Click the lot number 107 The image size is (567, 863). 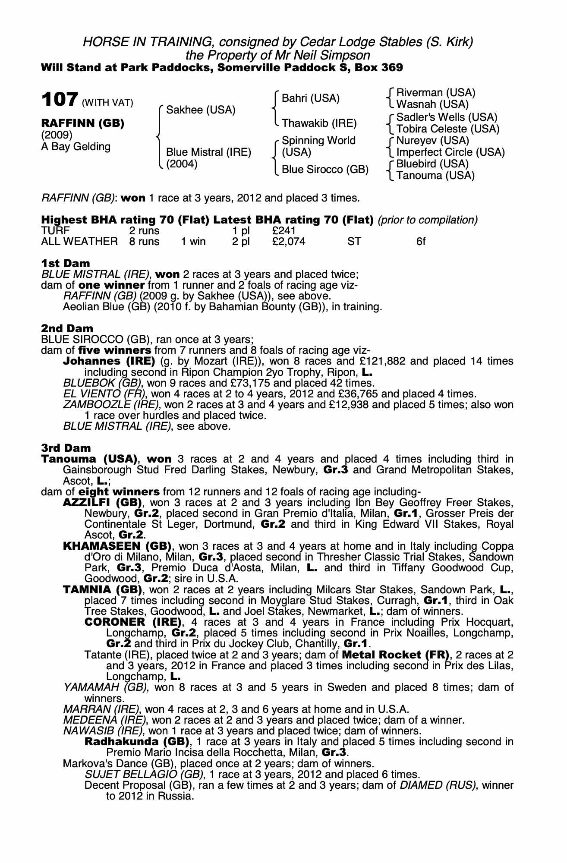[60, 100]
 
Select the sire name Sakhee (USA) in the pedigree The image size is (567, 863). [201, 110]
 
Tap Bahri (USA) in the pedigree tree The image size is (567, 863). [310, 98]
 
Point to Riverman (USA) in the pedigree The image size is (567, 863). [435, 93]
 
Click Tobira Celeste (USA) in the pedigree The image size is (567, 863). [447, 129]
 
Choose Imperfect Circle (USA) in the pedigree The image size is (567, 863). [450, 152]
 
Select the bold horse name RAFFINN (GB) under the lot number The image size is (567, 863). [82, 123]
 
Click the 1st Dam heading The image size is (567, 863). [66, 263]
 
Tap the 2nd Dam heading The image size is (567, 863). [67, 328]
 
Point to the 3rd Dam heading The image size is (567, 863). [66, 448]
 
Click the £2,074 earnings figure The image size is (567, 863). [289, 242]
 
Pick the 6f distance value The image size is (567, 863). [421, 242]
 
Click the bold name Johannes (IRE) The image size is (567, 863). [109, 361]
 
